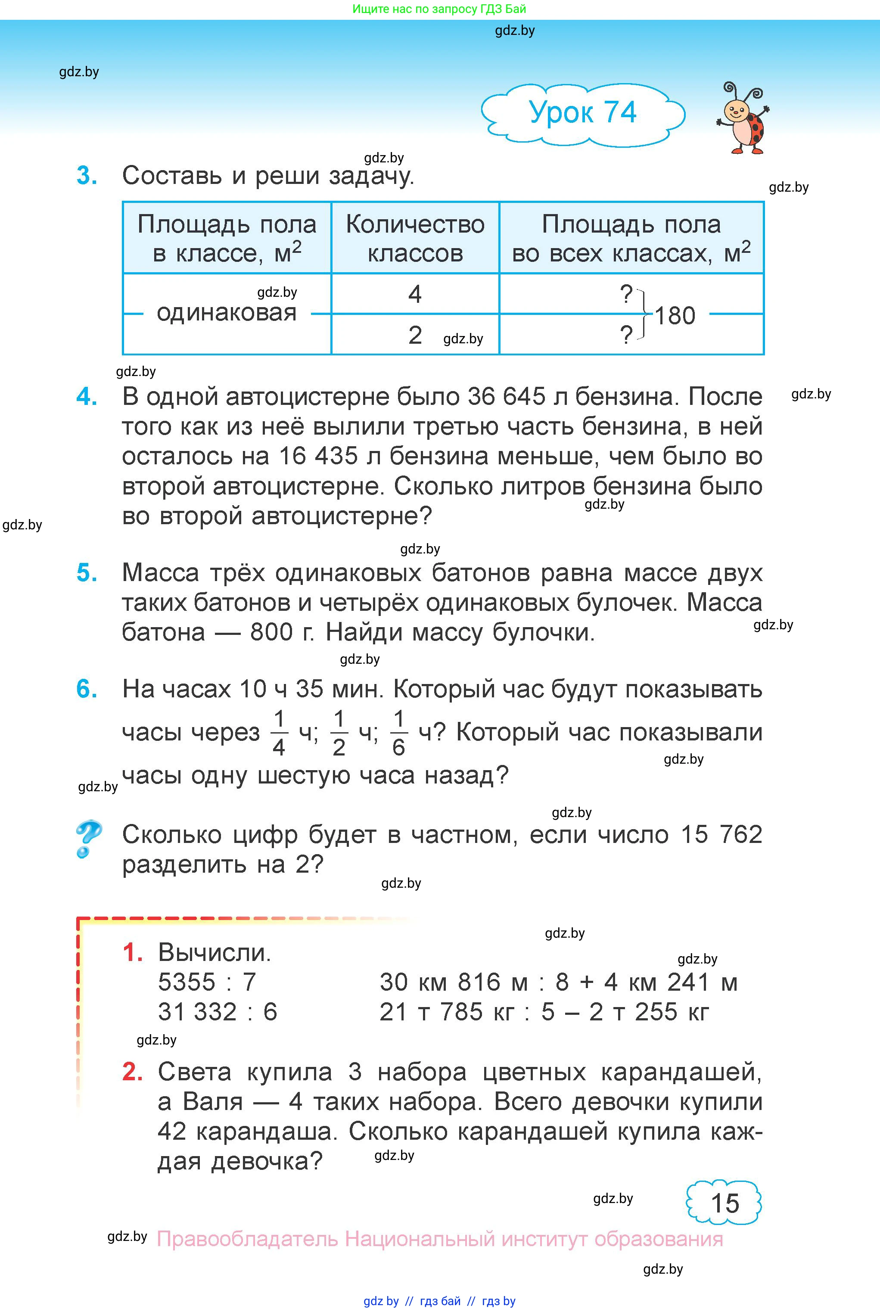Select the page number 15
(x=725, y=1203)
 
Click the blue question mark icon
(x=88, y=839)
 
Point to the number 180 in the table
(x=675, y=315)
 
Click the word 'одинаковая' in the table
(x=226, y=312)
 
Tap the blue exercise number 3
(x=87, y=176)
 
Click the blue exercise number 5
(x=87, y=573)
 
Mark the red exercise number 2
(x=132, y=1072)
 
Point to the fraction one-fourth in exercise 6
(x=279, y=733)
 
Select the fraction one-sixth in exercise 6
(x=398, y=733)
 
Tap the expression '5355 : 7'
(x=207, y=982)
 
